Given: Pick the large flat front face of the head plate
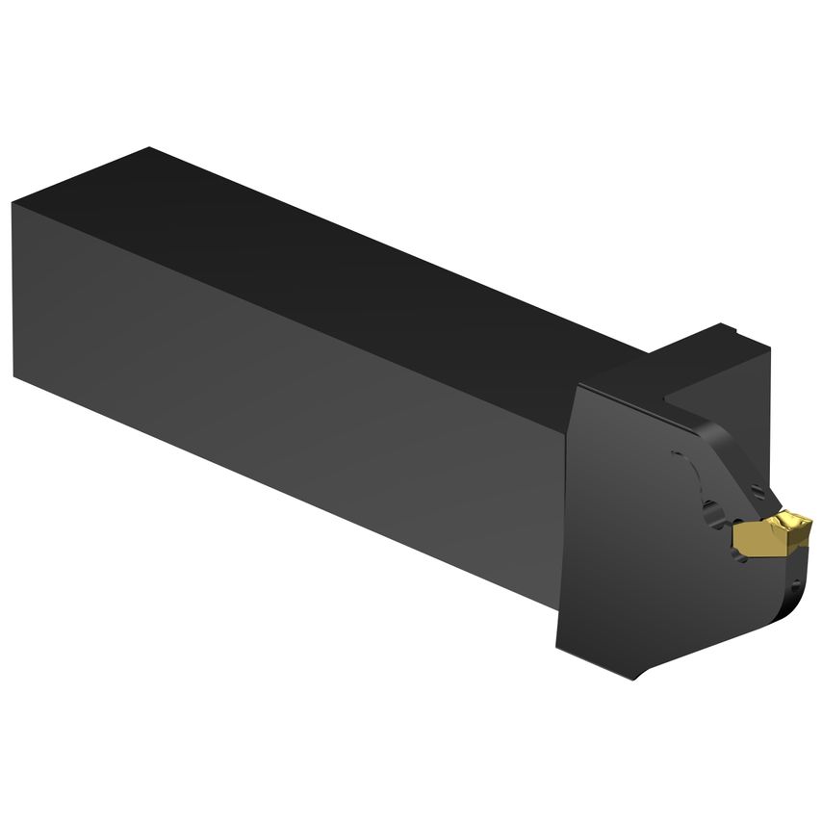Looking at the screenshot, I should coord(626,539).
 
